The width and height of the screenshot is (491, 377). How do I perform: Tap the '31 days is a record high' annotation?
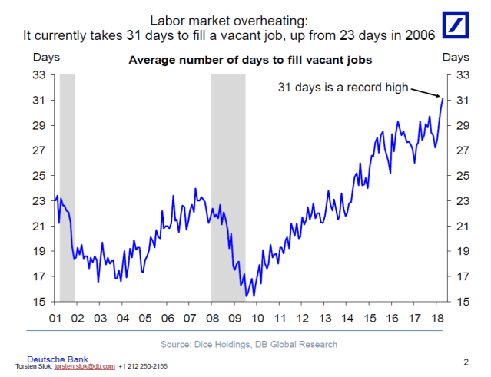tap(343, 88)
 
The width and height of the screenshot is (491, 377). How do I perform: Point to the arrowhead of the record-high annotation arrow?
tap(440, 97)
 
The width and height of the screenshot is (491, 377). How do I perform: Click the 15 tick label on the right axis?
tap(463, 302)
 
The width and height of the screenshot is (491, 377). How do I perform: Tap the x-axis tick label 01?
tap(55, 317)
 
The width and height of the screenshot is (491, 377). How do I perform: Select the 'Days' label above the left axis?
tap(45, 58)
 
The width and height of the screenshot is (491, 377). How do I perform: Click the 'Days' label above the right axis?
tap(456, 58)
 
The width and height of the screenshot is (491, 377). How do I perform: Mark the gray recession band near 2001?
tap(67, 188)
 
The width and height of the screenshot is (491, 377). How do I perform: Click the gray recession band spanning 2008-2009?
tap(228, 188)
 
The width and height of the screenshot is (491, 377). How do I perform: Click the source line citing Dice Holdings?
tap(249, 344)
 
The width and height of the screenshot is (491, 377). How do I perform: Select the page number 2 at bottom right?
tap(466, 361)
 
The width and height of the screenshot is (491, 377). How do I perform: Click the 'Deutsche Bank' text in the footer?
tap(58, 359)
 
